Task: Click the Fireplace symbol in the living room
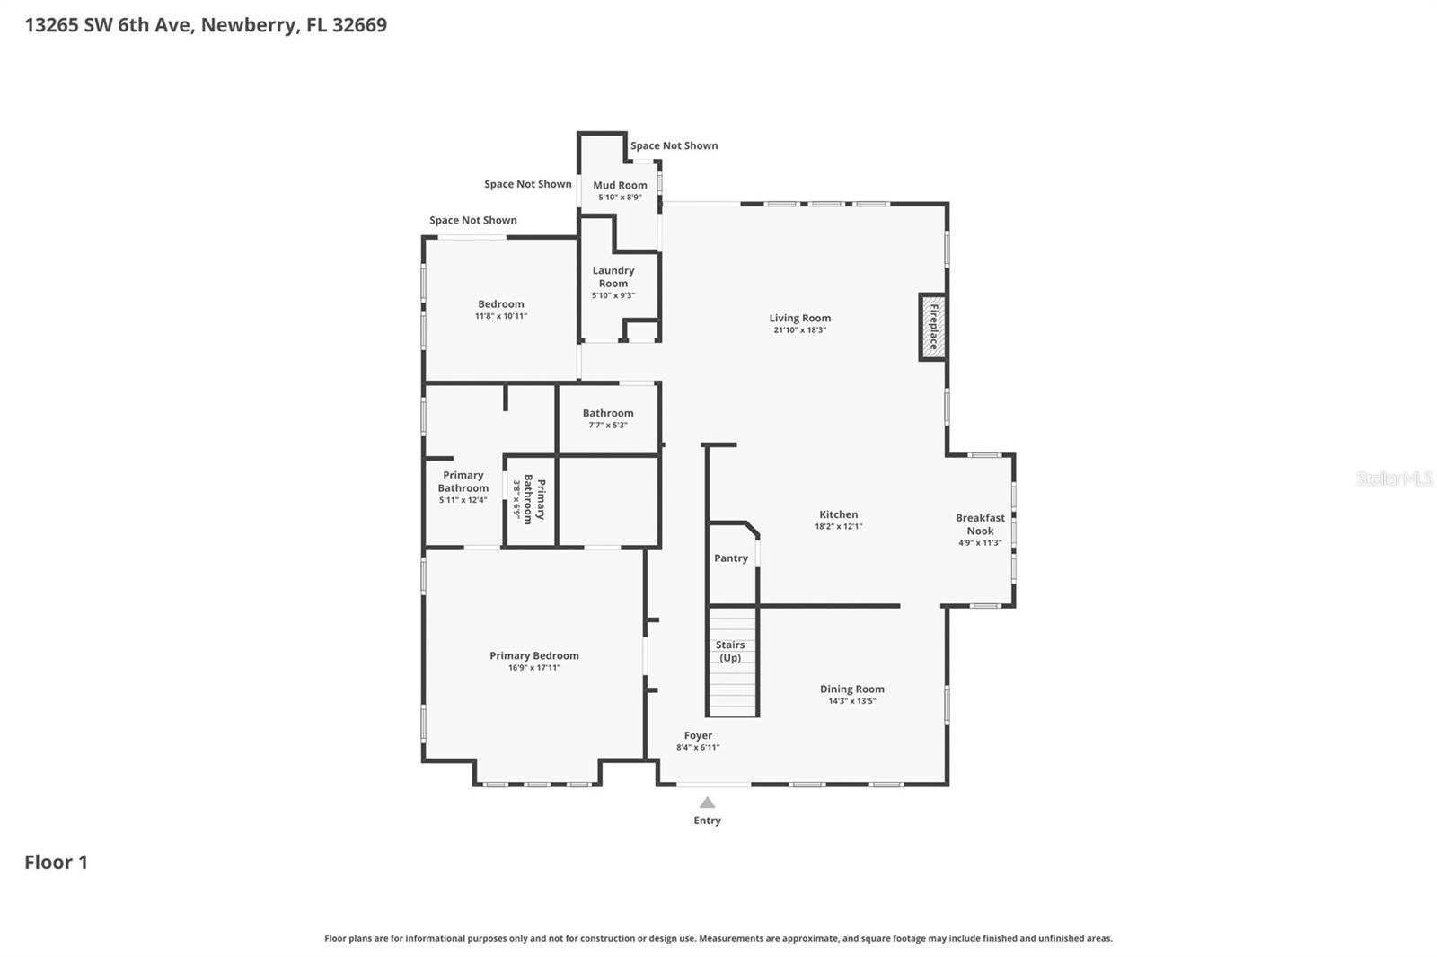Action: pyautogui.click(x=933, y=327)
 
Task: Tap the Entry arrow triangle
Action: pyautogui.click(x=708, y=803)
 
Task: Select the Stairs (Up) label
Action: pyautogui.click(x=730, y=651)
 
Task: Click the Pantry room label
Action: pyautogui.click(x=731, y=558)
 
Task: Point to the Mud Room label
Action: pyautogui.click(x=620, y=185)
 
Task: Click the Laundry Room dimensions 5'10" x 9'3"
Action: pyautogui.click(x=613, y=295)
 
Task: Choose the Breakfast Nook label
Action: pyautogui.click(x=980, y=524)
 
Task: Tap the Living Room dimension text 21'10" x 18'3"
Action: pyautogui.click(x=799, y=330)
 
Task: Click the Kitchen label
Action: pyautogui.click(x=838, y=514)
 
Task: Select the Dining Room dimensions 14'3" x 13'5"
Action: pyautogui.click(x=851, y=701)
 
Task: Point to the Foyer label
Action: pyautogui.click(x=698, y=735)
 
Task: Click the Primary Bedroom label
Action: pyautogui.click(x=533, y=655)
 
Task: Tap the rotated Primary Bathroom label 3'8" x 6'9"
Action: pyautogui.click(x=529, y=498)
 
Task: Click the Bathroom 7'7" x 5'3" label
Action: pyautogui.click(x=608, y=418)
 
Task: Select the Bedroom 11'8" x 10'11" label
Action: pyautogui.click(x=500, y=309)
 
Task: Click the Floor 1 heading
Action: pyautogui.click(x=56, y=862)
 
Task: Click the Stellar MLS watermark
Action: pyautogui.click(x=1394, y=478)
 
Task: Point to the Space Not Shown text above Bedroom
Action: pyautogui.click(x=472, y=220)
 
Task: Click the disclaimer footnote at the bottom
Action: pyautogui.click(x=718, y=938)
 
